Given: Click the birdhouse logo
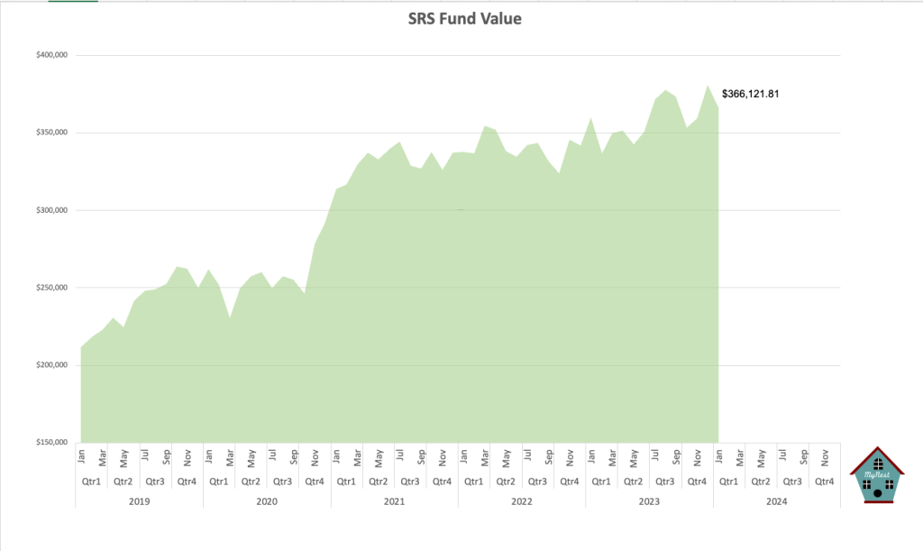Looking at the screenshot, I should [x=877, y=474].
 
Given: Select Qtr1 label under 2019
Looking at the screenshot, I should [x=91, y=482].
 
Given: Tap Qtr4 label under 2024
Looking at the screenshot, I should [x=824, y=482].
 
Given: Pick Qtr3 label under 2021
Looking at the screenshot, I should [x=410, y=482].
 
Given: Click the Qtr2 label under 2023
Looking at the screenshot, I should [x=633, y=482].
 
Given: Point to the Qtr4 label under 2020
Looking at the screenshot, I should [x=315, y=482].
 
